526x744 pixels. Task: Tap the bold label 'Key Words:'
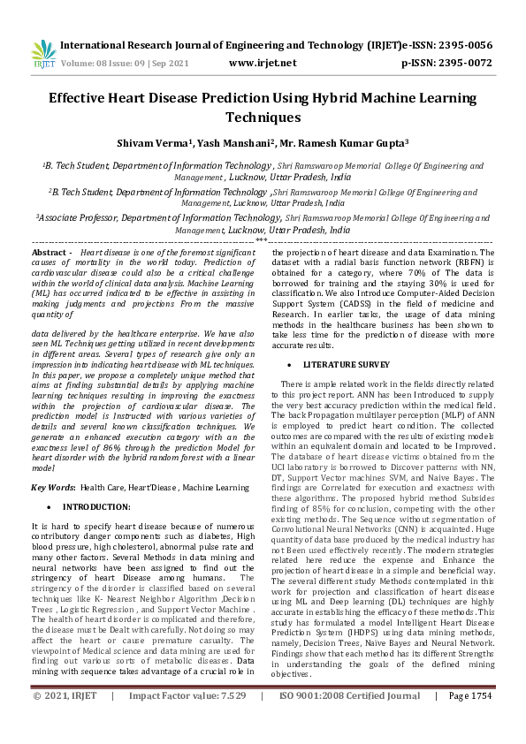[53, 487]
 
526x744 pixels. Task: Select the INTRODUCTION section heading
[96, 507]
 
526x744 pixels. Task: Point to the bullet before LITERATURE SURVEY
[290, 364]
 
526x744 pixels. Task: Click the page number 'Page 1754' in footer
[469, 720]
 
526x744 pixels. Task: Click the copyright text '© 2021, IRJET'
[65, 720]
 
